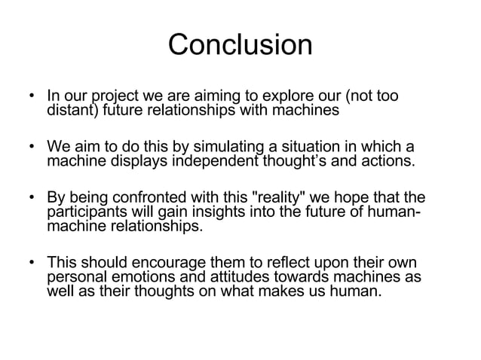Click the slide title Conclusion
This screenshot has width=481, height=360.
240,45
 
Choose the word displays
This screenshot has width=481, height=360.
130,160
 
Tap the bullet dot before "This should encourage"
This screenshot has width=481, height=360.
32,264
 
